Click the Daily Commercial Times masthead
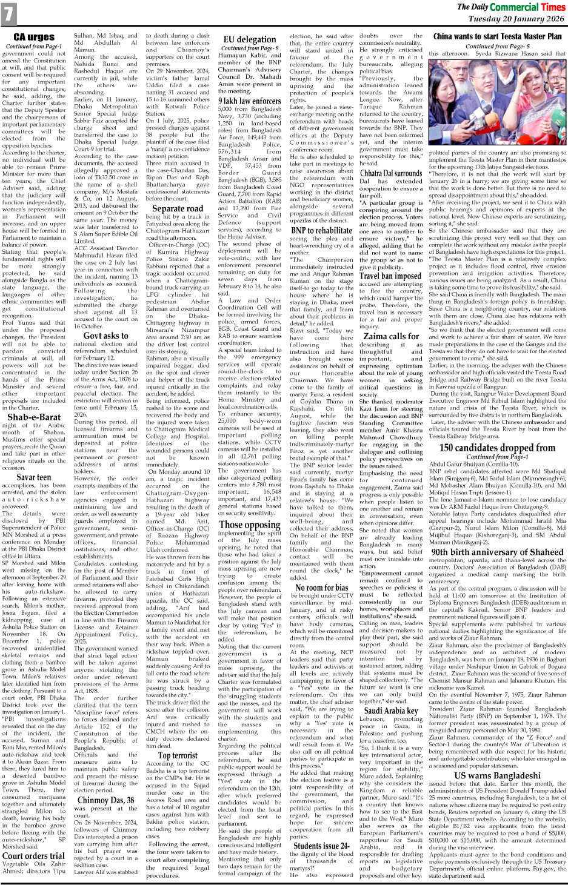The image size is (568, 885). click(x=511, y=7)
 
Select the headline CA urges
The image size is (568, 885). click(x=34, y=38)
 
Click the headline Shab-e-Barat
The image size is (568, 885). click(x=34, y=417)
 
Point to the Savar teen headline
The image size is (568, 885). click(x=34, y=477)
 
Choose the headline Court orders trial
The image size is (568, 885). click(x=34, y=856)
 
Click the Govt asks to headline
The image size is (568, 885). click(x=106, y=336)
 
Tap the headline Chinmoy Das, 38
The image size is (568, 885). click(x=106, y=800)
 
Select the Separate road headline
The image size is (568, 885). click(x=178, y=208)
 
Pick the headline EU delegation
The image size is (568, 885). click(x=250, y=39)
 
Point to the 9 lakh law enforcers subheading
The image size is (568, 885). click(x=250, y=101)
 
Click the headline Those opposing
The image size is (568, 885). click(x=250, y=525)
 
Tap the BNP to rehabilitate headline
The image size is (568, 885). click(x=321, y=230)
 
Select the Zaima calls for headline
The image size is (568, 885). click(x=391, y=336)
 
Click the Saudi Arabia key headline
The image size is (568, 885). click(x=391, y=711)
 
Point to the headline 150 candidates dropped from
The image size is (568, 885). click(x=497, y=448)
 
